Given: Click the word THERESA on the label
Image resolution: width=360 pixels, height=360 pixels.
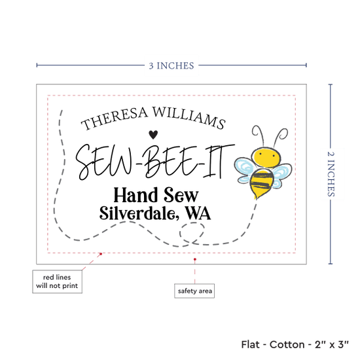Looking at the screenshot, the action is pos(115,118).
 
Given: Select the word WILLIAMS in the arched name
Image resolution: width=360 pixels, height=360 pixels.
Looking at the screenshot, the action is pos(189,118).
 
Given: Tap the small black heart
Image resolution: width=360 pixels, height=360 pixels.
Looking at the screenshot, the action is pos(153,135).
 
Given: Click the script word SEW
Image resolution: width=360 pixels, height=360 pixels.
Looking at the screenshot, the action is pos(105,162).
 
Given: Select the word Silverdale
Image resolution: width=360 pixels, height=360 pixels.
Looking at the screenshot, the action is pos(137,213).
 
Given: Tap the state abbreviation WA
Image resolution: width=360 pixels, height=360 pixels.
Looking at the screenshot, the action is pos(198,213).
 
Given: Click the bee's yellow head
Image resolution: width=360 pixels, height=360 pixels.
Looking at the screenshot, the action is pos(266,156).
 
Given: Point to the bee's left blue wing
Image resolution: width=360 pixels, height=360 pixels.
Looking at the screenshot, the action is pos(245,170).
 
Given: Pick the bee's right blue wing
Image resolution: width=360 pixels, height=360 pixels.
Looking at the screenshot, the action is pos(281,175).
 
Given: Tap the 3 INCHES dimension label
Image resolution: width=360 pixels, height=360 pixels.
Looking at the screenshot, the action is pos(171,66).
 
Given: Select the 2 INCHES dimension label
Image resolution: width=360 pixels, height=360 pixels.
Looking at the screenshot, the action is pos(331,174).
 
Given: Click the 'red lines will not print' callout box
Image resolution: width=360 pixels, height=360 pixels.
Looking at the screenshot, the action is pos(57,281).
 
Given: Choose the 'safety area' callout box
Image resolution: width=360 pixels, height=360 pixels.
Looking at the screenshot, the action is pos(194,291).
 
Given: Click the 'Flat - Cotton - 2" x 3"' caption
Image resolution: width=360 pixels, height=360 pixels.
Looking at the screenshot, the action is pos(295,344).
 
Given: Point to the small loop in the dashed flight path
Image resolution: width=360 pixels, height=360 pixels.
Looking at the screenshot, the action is pos(192,232).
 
